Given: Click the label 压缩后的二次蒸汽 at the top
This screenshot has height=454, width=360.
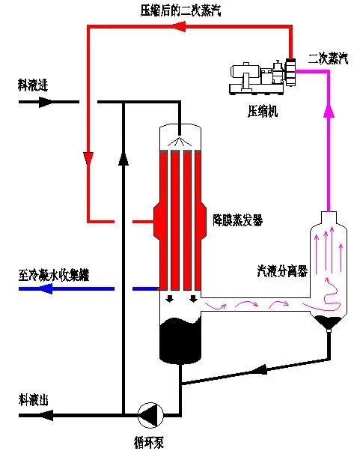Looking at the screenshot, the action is click(x=180, y=11).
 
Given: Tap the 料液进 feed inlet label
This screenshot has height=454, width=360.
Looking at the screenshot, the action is click(x=33, y=85).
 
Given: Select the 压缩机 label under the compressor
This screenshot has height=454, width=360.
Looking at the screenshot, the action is click(x=263, y=111).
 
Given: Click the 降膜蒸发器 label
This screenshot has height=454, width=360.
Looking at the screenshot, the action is click(x=237, y=220).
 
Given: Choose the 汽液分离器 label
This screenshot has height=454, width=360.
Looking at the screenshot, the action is click(x=282, y=271).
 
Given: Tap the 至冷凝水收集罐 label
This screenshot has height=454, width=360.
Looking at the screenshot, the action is click(x=54, y=275).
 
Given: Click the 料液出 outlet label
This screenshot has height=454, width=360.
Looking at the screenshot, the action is click(x=33, y=400).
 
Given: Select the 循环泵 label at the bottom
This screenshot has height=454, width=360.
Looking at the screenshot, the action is click(x=149, y=443).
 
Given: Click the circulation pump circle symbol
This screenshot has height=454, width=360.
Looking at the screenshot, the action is click(x=150, y=415).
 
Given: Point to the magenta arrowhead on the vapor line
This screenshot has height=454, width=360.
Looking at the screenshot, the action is click(x=329, y=111).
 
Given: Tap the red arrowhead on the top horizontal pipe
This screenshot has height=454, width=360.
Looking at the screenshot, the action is click(x=179, y=27).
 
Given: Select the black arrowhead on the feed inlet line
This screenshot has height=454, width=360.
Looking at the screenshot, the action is click(x=46, y=102).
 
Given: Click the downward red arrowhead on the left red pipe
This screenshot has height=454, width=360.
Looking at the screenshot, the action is click(x=88, y=159).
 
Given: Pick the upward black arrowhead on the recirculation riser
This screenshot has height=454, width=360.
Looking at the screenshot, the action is click(x=123, y=159).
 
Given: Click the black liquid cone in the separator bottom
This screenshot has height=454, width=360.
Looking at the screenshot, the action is click(x=329, y=322).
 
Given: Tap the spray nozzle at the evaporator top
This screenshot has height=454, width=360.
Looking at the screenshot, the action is click(x=180, y=142).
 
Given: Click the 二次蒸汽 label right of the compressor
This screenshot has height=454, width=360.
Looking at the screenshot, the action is click(x=328, y=58).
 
